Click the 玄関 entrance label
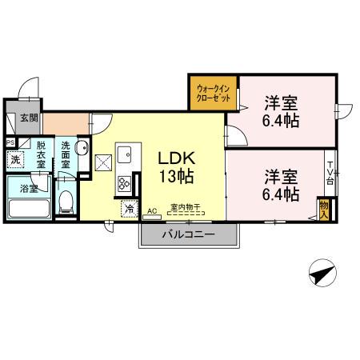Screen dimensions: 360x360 point(28,118)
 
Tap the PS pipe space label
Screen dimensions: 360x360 point(9,144)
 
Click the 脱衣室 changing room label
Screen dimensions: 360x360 point(41,155)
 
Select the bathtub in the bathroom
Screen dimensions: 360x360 point(29,208)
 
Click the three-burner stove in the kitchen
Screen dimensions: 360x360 point(125,183)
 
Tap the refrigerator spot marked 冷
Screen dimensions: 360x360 point(128,209)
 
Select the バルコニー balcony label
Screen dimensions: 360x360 point(190,235)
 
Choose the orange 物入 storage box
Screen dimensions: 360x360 point(324,208)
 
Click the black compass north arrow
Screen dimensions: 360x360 point(321,274)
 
